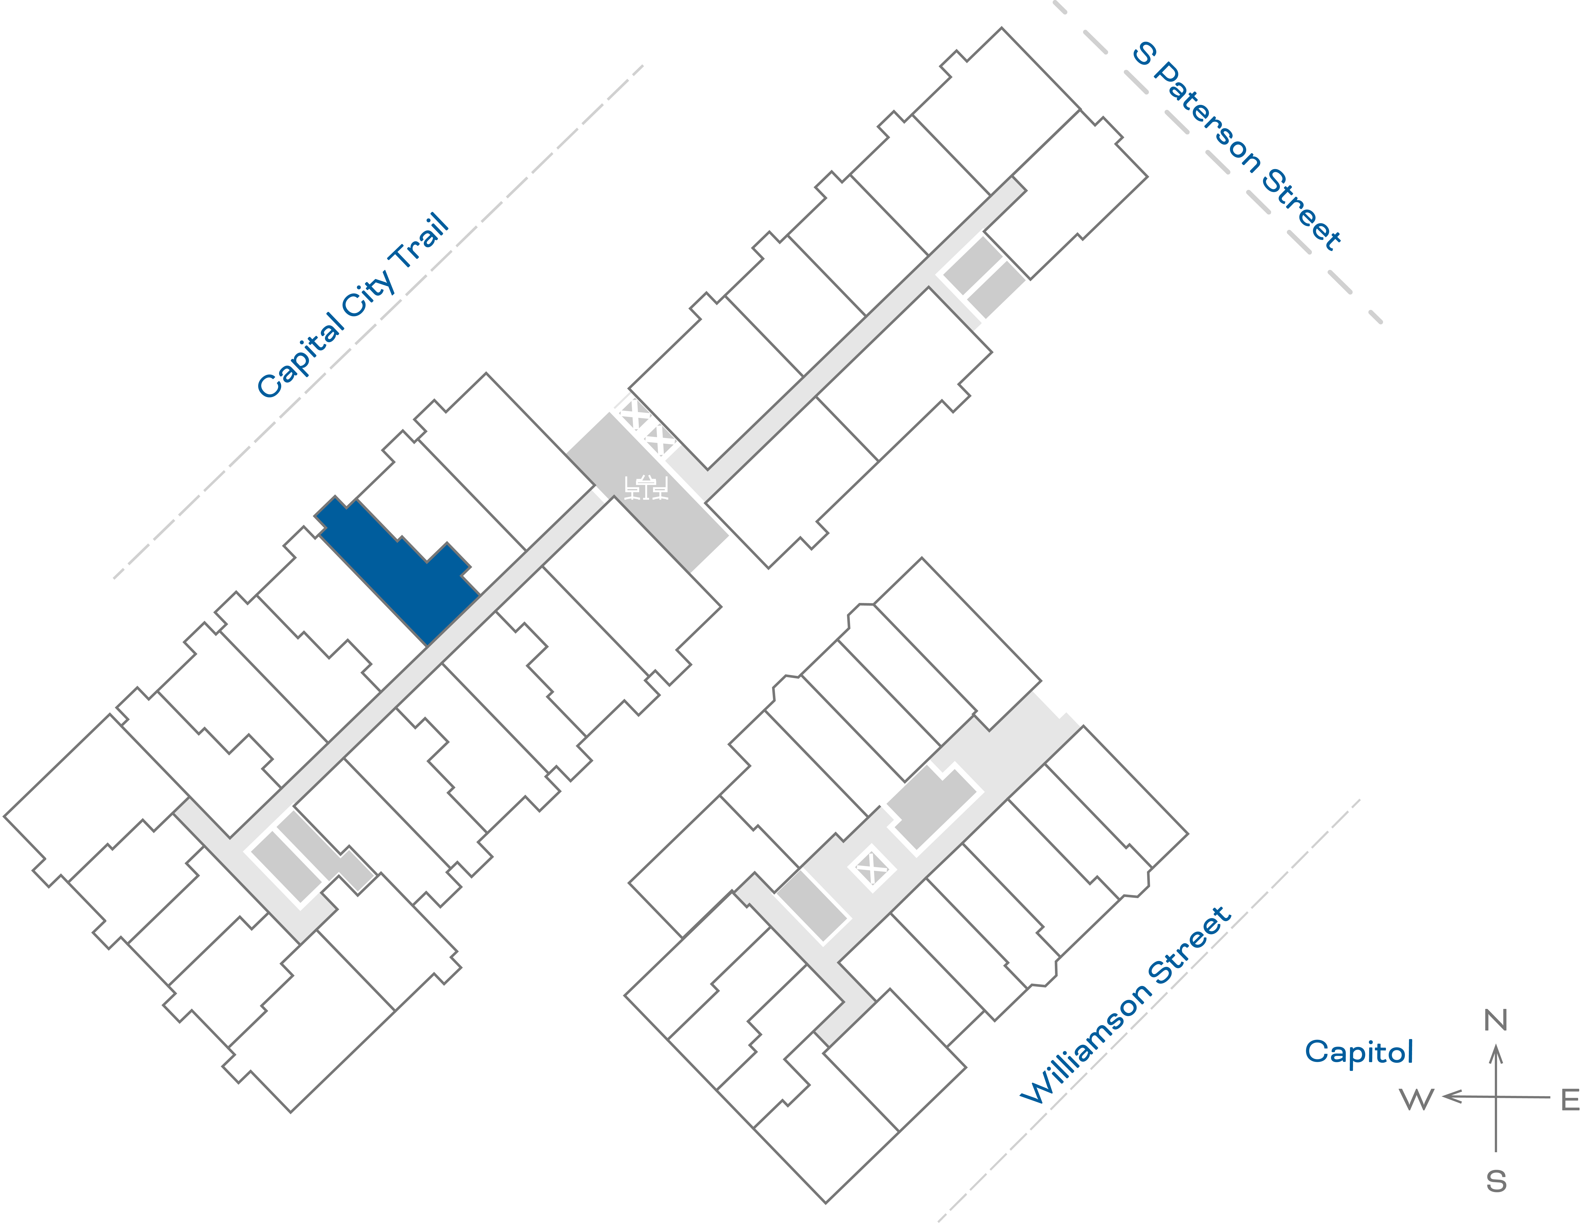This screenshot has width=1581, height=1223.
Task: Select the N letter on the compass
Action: [1496, 1020]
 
